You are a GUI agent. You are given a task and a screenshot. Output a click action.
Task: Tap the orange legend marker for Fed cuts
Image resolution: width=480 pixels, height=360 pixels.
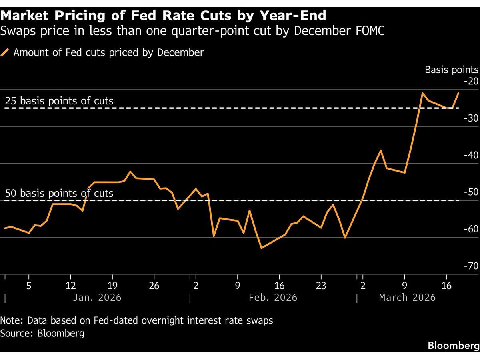pos(5,52)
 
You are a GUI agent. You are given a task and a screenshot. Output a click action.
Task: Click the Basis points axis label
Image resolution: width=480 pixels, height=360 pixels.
pos(451,70)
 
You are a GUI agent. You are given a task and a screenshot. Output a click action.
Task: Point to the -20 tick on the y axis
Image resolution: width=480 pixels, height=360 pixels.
pos(471,82)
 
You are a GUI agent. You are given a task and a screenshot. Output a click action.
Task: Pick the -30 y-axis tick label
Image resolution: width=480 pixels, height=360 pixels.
pos(471,118)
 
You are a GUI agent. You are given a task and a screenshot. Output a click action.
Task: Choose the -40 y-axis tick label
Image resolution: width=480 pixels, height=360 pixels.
pos(471,155)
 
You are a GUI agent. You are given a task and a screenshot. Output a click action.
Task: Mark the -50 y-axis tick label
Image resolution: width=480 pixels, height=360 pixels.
pos(471,192)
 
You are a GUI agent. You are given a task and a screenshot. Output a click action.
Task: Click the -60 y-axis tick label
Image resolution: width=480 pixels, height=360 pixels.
pos(471,229)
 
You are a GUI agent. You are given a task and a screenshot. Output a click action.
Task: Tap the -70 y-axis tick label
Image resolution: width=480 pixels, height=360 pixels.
pos(471,266)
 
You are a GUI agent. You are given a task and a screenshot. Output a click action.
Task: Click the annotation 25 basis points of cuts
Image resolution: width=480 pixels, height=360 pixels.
pos(59,101)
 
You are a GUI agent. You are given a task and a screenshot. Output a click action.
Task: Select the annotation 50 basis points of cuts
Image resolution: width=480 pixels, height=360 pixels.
pos(59,193)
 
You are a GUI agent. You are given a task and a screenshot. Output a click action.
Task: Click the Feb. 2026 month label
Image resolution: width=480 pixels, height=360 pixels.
pos(273,298)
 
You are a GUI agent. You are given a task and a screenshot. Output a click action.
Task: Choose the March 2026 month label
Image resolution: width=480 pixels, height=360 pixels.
pos(407,298)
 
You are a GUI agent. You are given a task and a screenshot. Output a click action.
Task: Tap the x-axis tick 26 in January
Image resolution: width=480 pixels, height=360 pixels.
pos(154,286)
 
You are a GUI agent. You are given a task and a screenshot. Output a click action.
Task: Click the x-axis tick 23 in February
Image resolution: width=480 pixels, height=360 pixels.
pos(321,286)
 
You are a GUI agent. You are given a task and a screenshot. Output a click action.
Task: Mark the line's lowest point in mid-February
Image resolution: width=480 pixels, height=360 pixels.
pos(261,248)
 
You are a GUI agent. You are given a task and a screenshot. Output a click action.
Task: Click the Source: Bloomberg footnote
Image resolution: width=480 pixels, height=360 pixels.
pos(42,333)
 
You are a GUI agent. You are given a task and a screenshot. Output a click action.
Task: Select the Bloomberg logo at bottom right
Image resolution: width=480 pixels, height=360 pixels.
pos(454,345)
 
